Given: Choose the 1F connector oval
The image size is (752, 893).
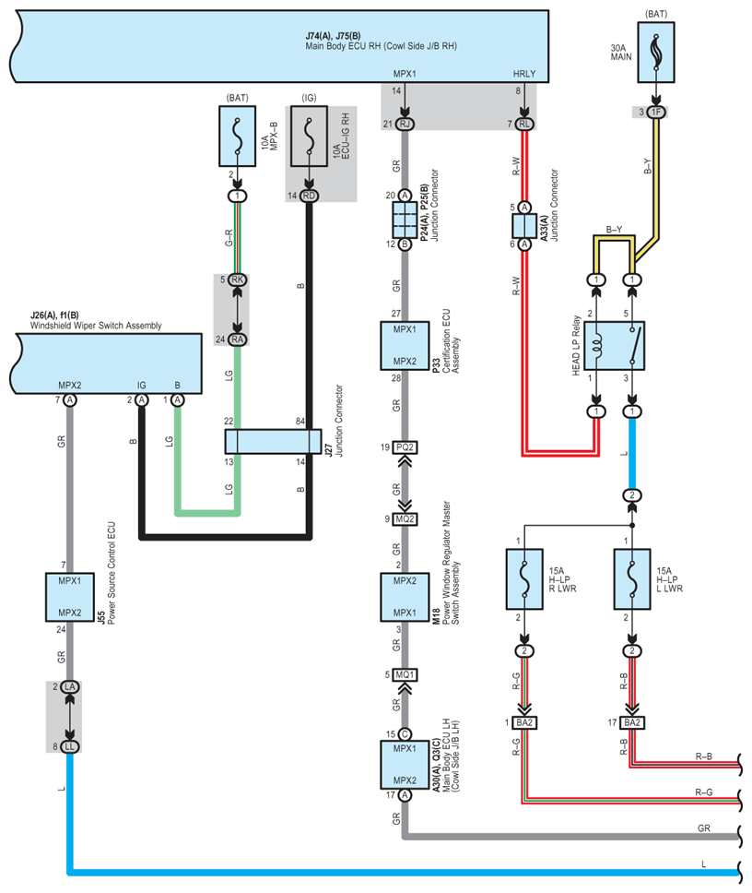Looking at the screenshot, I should (655, 113).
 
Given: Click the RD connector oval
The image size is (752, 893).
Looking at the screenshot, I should (309, 196).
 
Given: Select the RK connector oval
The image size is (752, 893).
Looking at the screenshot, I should (237, 280).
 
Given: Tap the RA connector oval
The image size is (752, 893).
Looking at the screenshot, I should (237, 339).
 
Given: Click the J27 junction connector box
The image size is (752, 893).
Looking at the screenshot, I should (273, 442).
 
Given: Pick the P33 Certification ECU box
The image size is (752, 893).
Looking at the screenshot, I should (405, 345).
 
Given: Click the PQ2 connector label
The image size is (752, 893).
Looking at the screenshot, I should (405, 446).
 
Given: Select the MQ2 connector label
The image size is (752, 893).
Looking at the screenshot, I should (405, 518).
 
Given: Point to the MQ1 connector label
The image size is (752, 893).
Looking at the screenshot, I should (405, 674).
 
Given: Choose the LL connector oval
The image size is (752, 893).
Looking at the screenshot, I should (69, 746).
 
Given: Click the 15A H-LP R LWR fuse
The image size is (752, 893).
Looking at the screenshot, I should (523, 580).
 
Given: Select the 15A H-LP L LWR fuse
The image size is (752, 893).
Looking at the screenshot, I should (631, 580).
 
